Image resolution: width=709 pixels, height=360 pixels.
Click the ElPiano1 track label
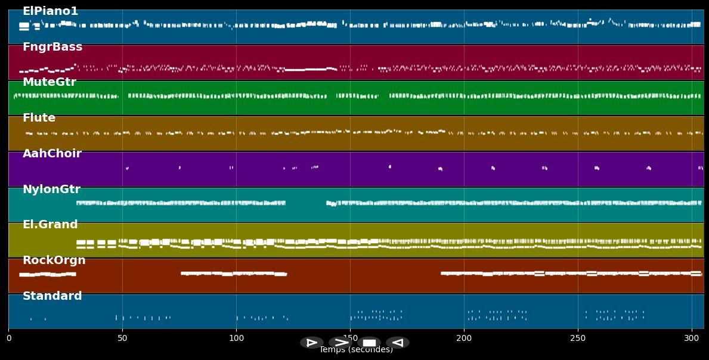[x=50, y=11]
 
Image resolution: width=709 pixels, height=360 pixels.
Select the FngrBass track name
[x=52, y=47]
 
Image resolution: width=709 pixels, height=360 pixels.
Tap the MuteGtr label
[x=49, y=82]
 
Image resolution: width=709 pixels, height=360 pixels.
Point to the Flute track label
[x=39, y=118]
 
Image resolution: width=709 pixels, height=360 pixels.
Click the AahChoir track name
[x=52, y=154]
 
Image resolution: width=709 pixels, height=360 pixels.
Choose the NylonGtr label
[x=51, y=190]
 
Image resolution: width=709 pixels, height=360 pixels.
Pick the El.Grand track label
[x=50, y=225]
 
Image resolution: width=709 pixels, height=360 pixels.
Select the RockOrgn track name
[x=54, y=260]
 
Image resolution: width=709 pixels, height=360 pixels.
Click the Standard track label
[x=52, y=296]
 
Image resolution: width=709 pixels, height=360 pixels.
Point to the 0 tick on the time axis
[x=9, y=339]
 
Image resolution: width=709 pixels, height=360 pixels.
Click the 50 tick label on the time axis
[x=122, y=339]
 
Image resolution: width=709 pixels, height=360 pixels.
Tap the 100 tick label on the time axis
[x=236, y=339]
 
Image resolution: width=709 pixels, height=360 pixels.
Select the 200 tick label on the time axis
[x=464, y=339]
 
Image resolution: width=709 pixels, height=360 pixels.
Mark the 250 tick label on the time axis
[x=578, y=339]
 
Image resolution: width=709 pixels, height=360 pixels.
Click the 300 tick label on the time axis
[x=692, y=339]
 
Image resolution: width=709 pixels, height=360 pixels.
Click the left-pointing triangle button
[x=397, y=343]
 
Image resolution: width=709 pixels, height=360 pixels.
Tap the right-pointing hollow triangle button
[x=311, y=343]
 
